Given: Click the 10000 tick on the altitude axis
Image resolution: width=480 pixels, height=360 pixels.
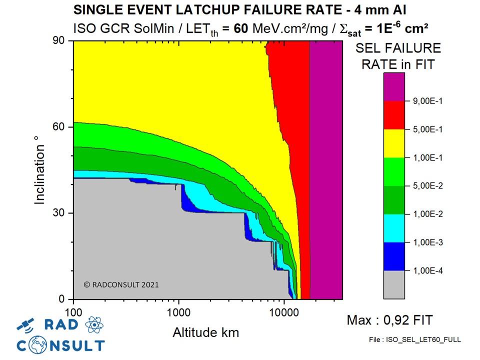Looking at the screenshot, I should pyautogui.click(x=284, y=309).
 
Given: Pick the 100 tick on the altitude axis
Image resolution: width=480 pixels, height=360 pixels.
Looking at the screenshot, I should pyautogui.click(x=73, y=309).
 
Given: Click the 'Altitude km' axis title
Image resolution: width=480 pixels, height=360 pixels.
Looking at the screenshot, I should pyautogui.click(x=205, y=332).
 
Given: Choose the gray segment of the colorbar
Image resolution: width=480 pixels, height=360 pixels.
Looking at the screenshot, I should pyautogui.click(x=394, y=285).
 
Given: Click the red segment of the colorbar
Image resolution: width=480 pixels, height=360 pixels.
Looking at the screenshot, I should pyautogui.click(x=394, y=115).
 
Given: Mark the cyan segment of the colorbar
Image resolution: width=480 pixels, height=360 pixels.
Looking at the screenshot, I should pyautogui.click(x=394, y=228).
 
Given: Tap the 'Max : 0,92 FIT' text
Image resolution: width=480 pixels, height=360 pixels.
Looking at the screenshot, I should pyautogui.click(x=389, y=319).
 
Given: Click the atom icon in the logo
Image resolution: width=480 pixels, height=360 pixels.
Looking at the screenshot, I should pyautogui.click(x=94, y=325).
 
